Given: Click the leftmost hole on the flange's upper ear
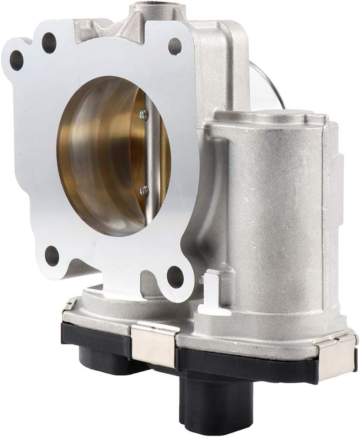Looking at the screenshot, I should pos(17,60).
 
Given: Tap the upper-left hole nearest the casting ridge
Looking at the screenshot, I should pos(49,43).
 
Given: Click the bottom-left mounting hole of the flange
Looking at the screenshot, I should pos(52,255).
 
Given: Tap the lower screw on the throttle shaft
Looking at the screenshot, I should pos(144,189).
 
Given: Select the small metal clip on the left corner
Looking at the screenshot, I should pos(69,304).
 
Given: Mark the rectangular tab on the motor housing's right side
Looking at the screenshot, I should pos(338,173).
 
